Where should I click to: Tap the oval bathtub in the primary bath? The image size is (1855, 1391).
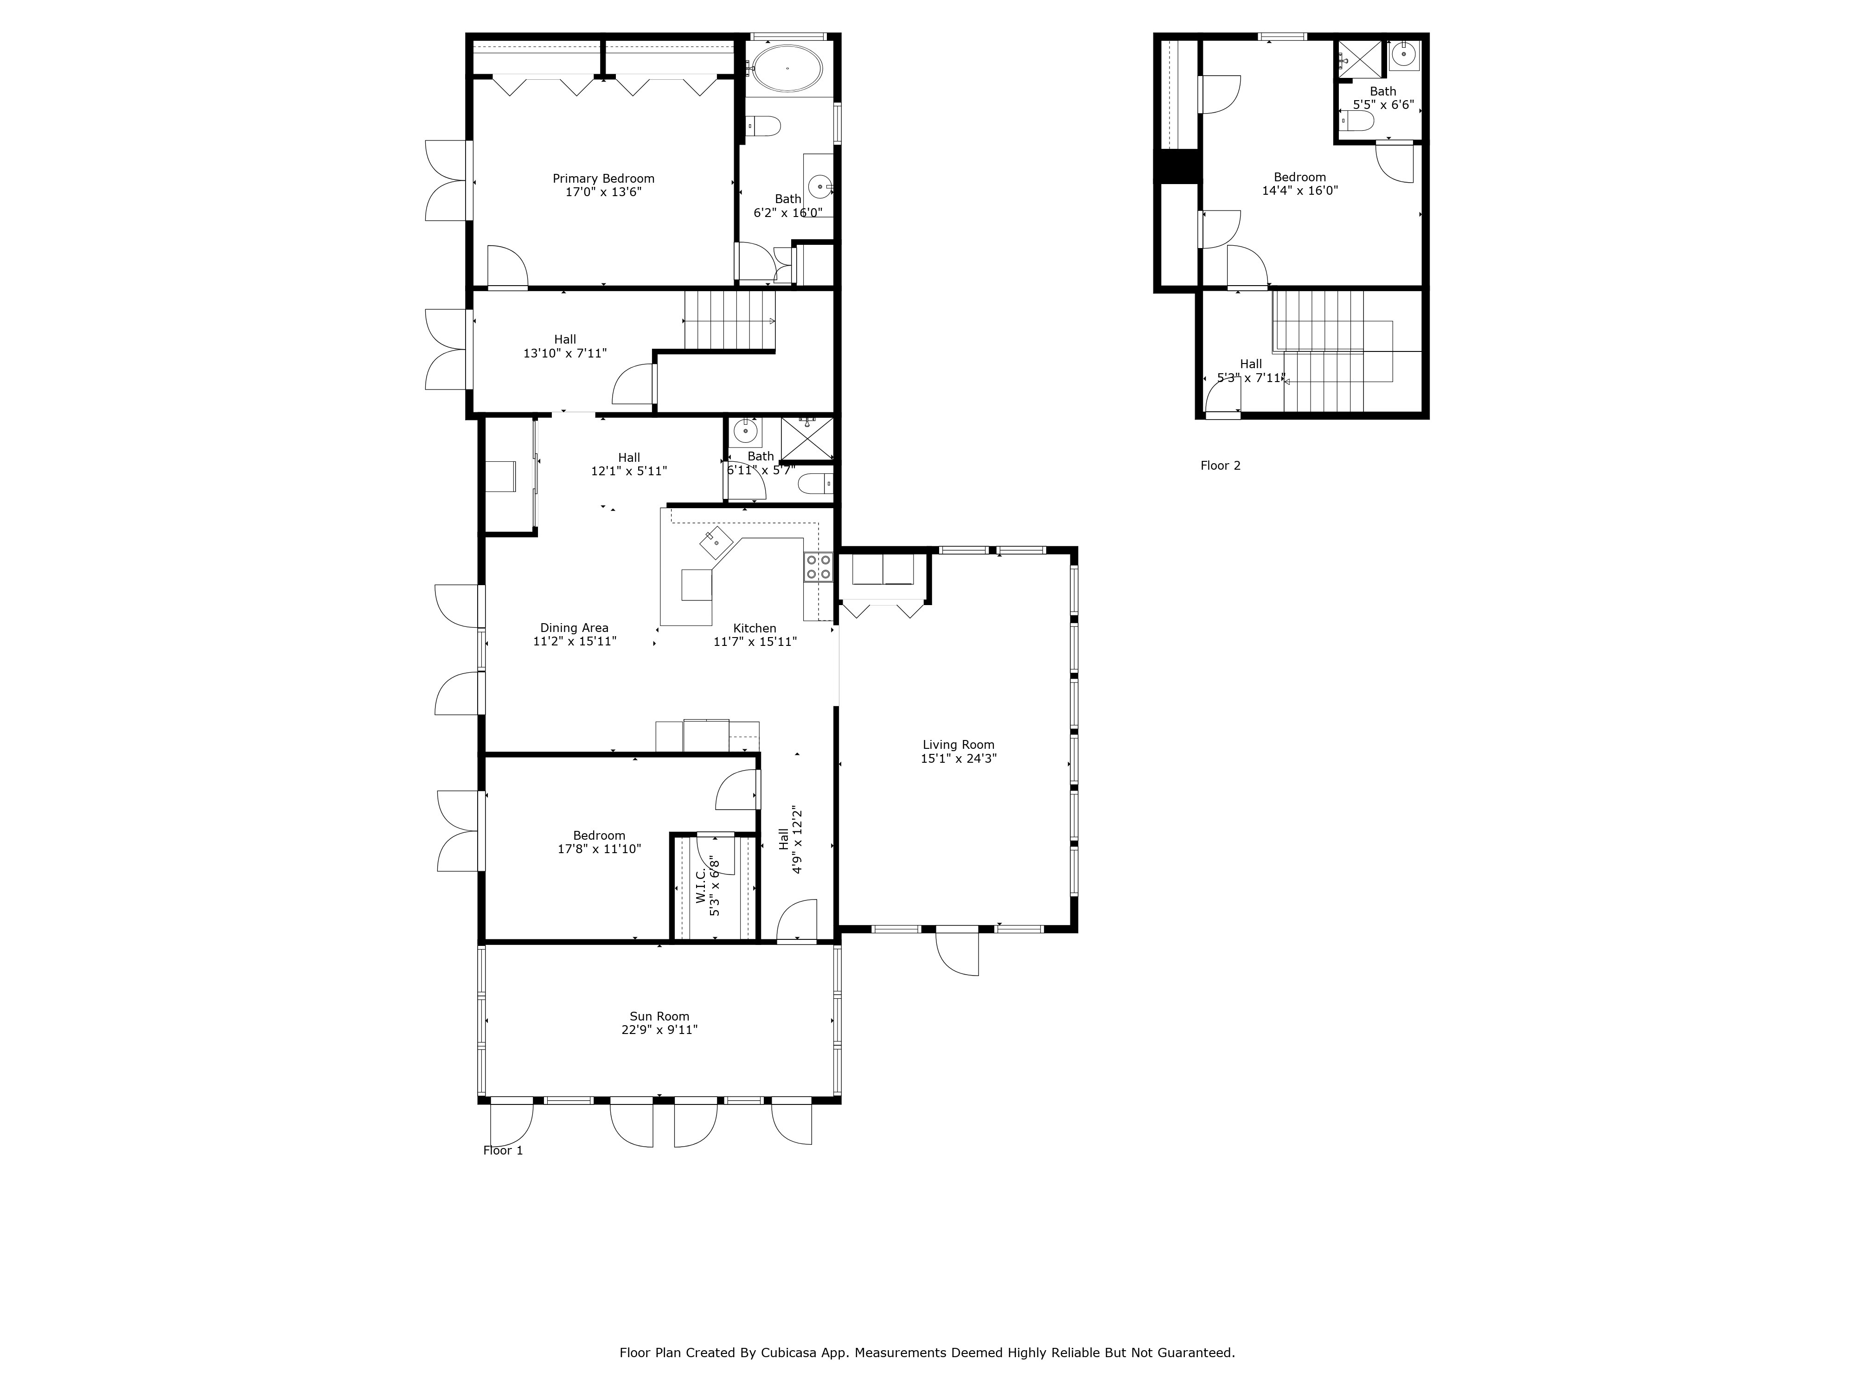(x=787, y=68)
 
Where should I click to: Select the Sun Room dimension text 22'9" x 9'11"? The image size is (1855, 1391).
(x=659, y=1030)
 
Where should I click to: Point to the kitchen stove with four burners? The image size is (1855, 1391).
(x=818, y=567)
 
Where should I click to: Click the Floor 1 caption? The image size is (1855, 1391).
(x=502, y=1150)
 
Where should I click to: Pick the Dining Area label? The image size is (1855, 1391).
(x=574, y=628)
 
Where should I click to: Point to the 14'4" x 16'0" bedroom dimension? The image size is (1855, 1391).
(x=1299, y=190)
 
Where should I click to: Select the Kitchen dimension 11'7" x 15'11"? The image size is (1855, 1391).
(x=755, y=641)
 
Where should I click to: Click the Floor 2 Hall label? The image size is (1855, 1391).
(x=1250, y=364)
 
